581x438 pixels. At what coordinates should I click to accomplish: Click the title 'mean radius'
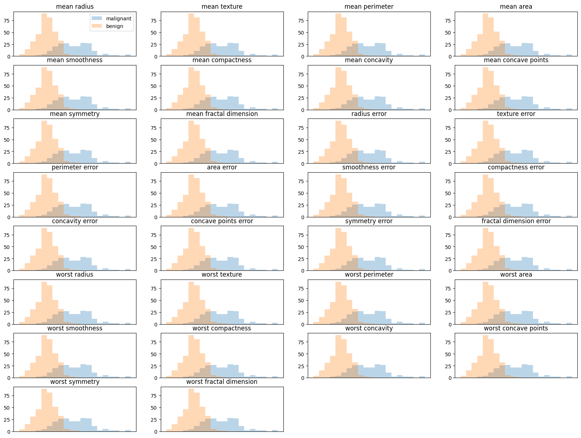pos(75,7)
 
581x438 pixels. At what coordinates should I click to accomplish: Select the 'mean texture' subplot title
pos(222,7)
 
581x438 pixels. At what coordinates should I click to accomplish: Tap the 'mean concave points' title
pos(516,60)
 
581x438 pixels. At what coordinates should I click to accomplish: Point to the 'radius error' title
pos(369,114)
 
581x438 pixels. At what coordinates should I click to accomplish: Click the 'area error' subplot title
pos(222,167)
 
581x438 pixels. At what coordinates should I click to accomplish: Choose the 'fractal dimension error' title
pos(516,221)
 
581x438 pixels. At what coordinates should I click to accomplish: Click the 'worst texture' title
pos(222,274)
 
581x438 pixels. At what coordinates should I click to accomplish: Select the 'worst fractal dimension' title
pos(222,382)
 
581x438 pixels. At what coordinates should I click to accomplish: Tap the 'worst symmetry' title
pos(75,382)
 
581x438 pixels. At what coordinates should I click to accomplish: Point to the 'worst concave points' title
pos(516,328)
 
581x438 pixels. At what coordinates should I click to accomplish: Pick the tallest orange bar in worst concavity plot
pos(338,357)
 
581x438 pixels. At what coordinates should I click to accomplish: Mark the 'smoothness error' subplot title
pos(369,167)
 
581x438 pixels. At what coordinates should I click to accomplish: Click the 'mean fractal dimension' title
pos(222,114)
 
